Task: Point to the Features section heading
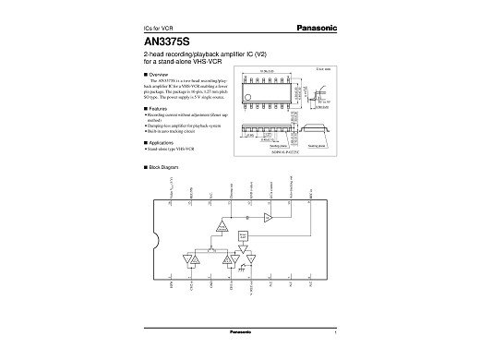pyautogui.click(x=155, y=107)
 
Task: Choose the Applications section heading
pyautogui.click(x=160, y=143)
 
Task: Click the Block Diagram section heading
pyautogui.click(x=161, y=166)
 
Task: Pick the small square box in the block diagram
pyautogui.click(x=243, y=235)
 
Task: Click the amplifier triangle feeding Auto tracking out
pyautogui.click(x=267, y=217)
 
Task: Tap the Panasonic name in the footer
pyautogui.click(x=241, y=330)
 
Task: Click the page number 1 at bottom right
pyautogui.click(x=335, y=330)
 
